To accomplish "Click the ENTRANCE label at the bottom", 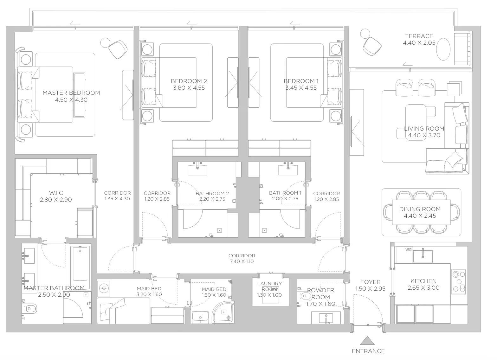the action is pyautogui.click(x=368, y=351).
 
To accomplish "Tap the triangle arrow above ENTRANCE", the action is pyautogui.click(x=367, y=341).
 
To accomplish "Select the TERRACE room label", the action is pyautogui.click(x=419, y=36).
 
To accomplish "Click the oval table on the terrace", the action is pyautogui.click(x=443, y=49).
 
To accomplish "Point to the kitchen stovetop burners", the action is pyautogui.click(x=459, y=281).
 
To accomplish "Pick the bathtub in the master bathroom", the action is pyautogui.click(x=80, y=267).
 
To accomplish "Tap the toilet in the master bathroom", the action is pyautogui.click(x=29, y=309).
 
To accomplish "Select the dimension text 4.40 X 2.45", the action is pyautogui.click(x=420, y=215).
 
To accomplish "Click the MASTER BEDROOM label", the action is pyautogui.click(x=71, y=93).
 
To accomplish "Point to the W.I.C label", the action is pyautogui.click(x=56, y=193).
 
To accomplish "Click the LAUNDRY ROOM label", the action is pyautogui.click(x=269, y=286).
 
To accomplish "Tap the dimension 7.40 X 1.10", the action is pyautogui.click(x=242, y=261).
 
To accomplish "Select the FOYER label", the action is pyautogui.click(x=370, y=282).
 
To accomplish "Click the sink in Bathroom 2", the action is pyautogui.click(x=197, y=169).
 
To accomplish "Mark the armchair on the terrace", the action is pyautogui.click(x=372, y=46).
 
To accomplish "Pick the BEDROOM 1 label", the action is pyautogui.click(x=301, y=81).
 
